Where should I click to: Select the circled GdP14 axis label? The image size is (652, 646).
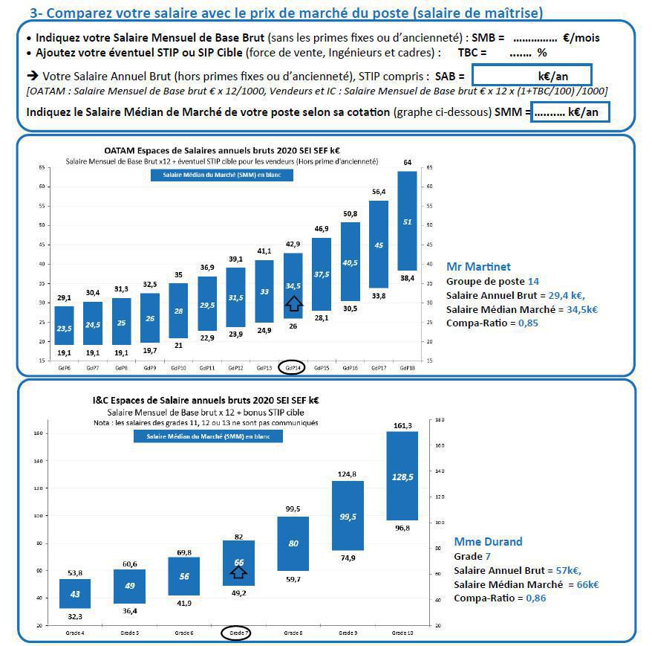tap(292, 367)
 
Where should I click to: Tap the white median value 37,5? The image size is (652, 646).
tap(322, 274)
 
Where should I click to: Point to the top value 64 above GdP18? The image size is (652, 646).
tap(407, 163)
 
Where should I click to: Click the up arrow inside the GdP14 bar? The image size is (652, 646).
tap(293, 302)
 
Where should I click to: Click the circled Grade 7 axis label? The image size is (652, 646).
tap(238, 633)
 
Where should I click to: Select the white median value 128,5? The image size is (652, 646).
tap(402, 477)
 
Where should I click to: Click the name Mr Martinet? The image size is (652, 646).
tap(478, 267)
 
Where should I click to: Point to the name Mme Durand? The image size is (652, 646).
tap(488, 541)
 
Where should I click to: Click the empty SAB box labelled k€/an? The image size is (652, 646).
tap(531, 75)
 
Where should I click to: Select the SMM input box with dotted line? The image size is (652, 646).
tap(570, 112)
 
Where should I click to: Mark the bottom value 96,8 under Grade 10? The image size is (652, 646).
tap(402, 529)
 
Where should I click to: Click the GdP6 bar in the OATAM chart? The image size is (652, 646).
tap(65, 325)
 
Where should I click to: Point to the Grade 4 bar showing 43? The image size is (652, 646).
tap(75, 592)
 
